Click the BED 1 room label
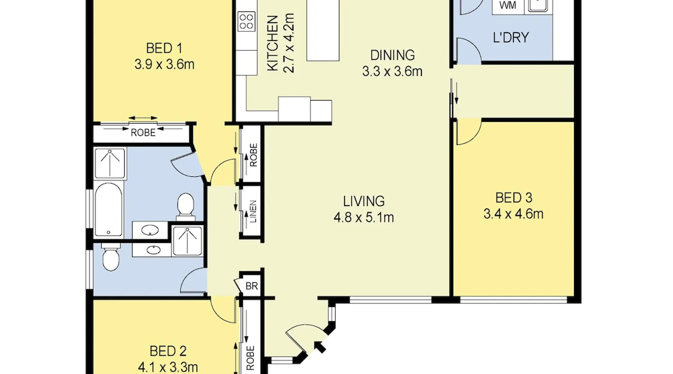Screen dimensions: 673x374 (164, 48)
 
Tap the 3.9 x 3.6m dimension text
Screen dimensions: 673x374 (164, 64)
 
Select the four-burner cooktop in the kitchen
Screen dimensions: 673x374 (246, 21)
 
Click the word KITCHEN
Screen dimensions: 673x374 (273, 43)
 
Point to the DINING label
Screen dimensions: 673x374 (392, 55)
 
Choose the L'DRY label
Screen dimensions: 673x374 (511, 37)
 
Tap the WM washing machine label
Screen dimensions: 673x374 (508, 5)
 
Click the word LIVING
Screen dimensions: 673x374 (364, 201)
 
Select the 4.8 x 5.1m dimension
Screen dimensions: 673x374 (364, 217)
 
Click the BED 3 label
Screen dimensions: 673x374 (513, 197)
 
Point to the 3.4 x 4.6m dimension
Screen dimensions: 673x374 (513, 214)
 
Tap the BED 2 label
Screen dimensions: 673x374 (168, 351)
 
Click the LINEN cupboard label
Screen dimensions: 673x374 (253, 212)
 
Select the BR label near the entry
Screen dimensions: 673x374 (252, 286)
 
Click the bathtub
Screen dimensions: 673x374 (108, 210)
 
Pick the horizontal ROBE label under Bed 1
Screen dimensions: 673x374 (143, 132)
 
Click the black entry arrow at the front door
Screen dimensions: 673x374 (320, 347)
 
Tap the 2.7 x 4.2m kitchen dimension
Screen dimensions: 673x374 (289, 43)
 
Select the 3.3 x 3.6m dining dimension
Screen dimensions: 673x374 (392, 71)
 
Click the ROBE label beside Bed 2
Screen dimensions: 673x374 (251, 358)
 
